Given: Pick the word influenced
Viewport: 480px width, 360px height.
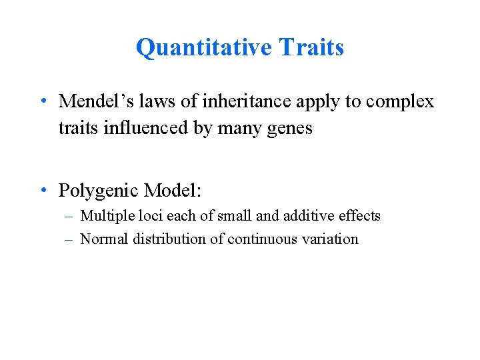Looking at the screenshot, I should (x=140, y=127).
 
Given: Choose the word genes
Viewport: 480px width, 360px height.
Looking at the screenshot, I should (x=291, y=129).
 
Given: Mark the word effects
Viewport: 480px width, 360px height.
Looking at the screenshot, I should (x=357, y=216).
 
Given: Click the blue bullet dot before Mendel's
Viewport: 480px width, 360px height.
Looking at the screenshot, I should (x=42, y=102).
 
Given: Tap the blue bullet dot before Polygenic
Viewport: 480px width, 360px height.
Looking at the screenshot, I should (x=42, y=191).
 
